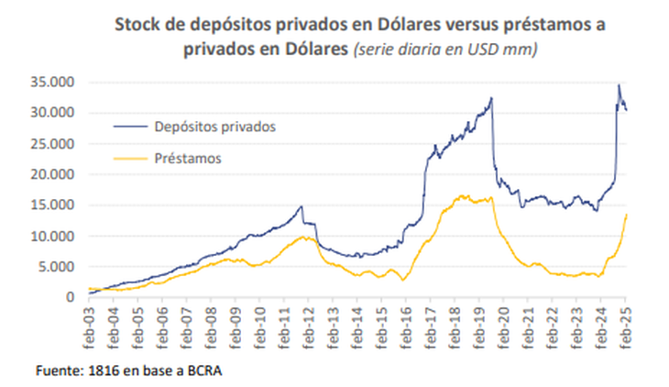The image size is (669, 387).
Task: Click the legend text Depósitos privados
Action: pos(215,125)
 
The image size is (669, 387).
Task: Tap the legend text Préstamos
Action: pos(188,158)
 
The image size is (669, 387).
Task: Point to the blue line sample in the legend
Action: pos(130,125)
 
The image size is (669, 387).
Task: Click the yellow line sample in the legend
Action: pos(130,158)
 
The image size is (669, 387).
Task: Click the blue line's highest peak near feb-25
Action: pos(619,85)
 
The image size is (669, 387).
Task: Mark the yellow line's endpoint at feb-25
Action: pos(626,215)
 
